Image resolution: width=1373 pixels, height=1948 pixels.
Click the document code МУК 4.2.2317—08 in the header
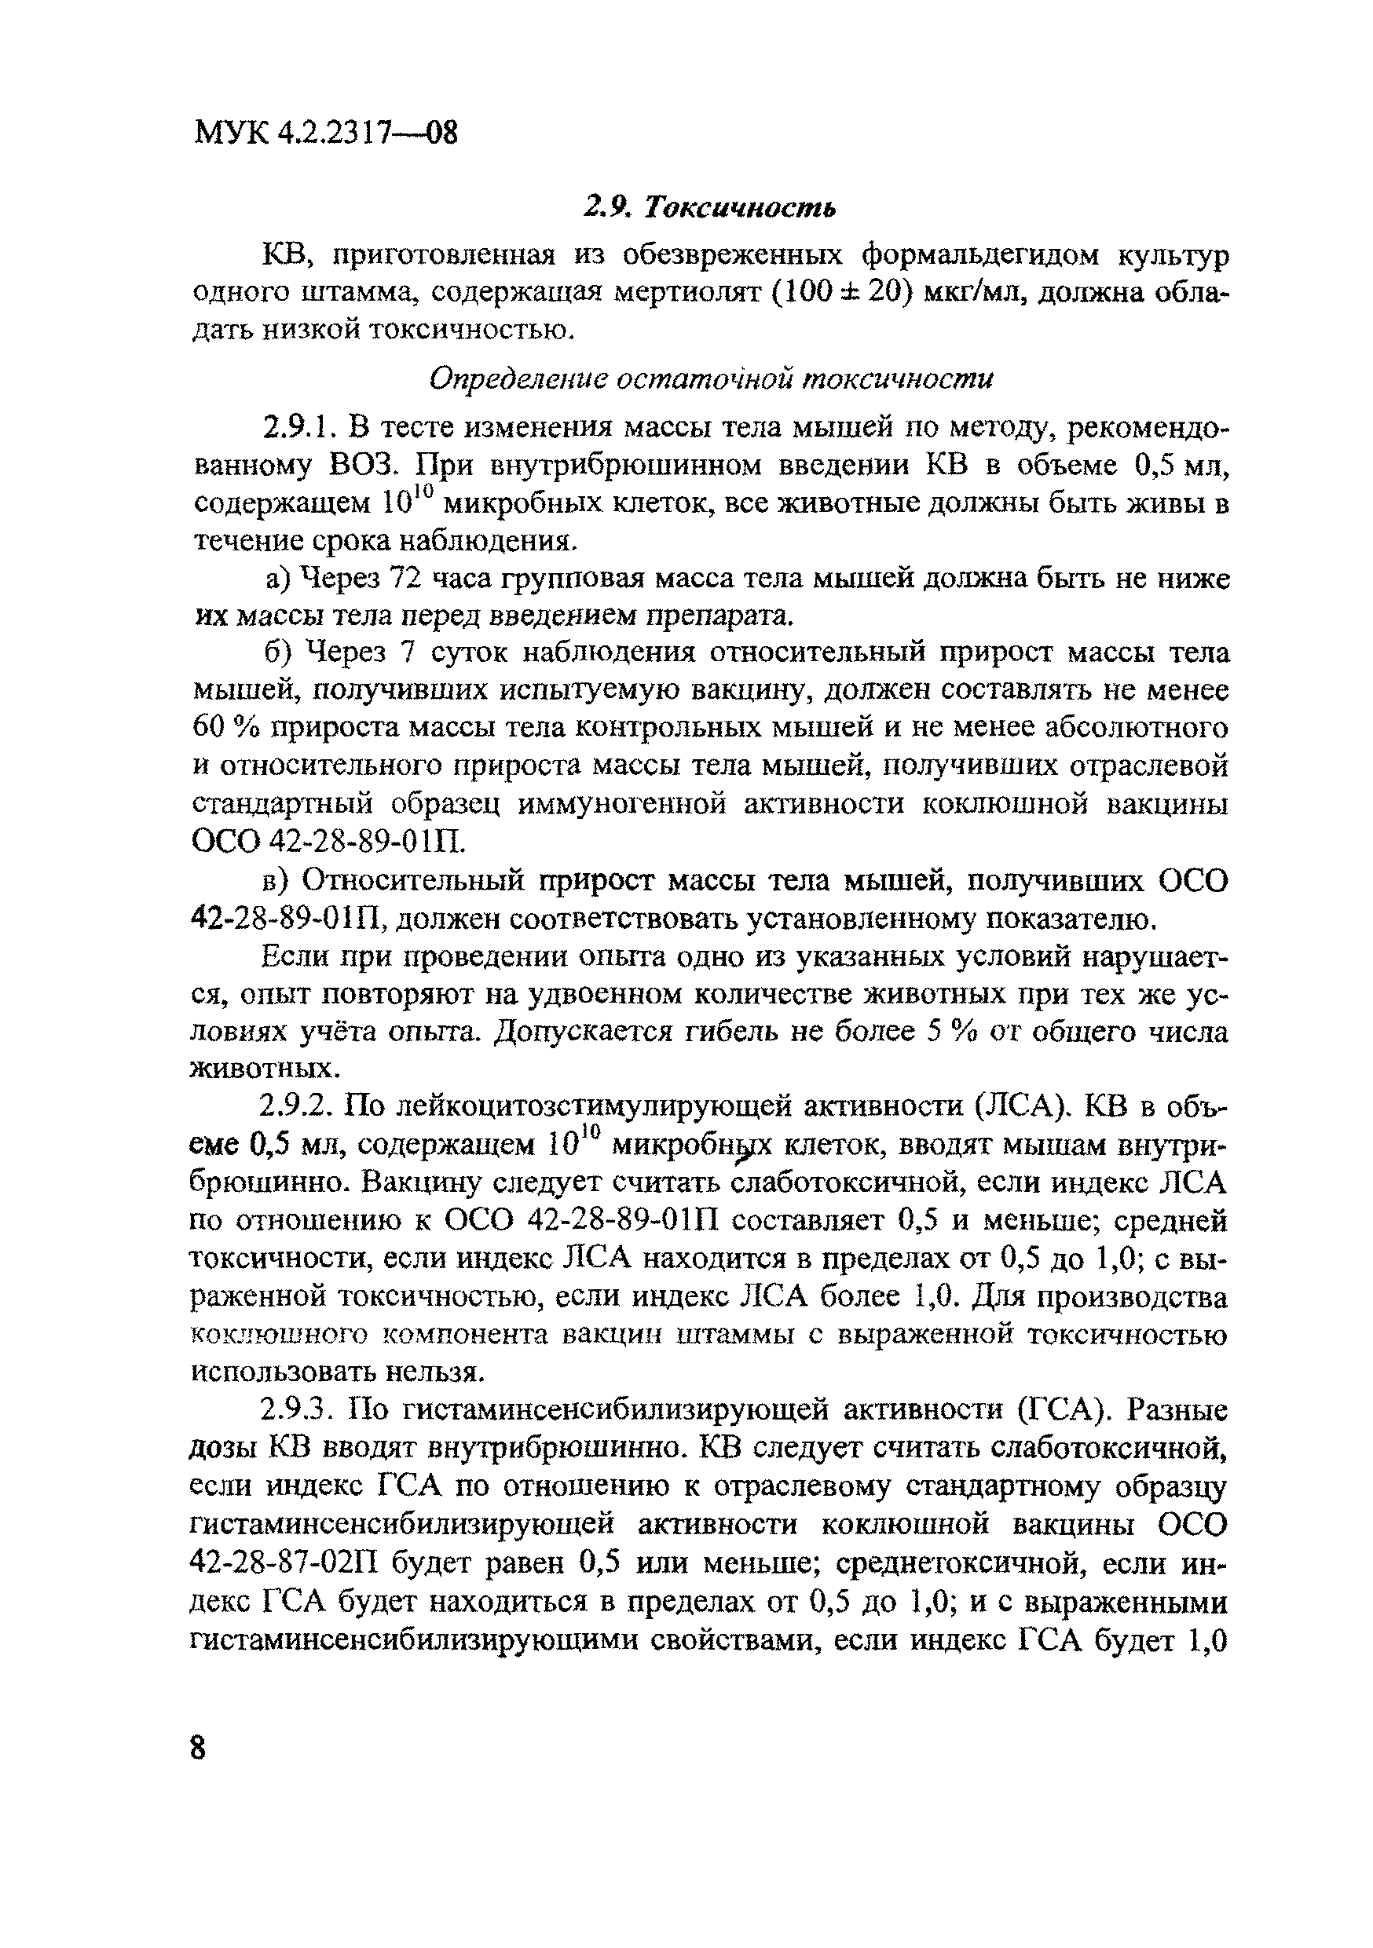(x=326, y=133)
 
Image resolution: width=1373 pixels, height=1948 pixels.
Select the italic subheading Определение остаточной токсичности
(x=710, y=378)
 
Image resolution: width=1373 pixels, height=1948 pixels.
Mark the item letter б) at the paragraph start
(x=277, y=652)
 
